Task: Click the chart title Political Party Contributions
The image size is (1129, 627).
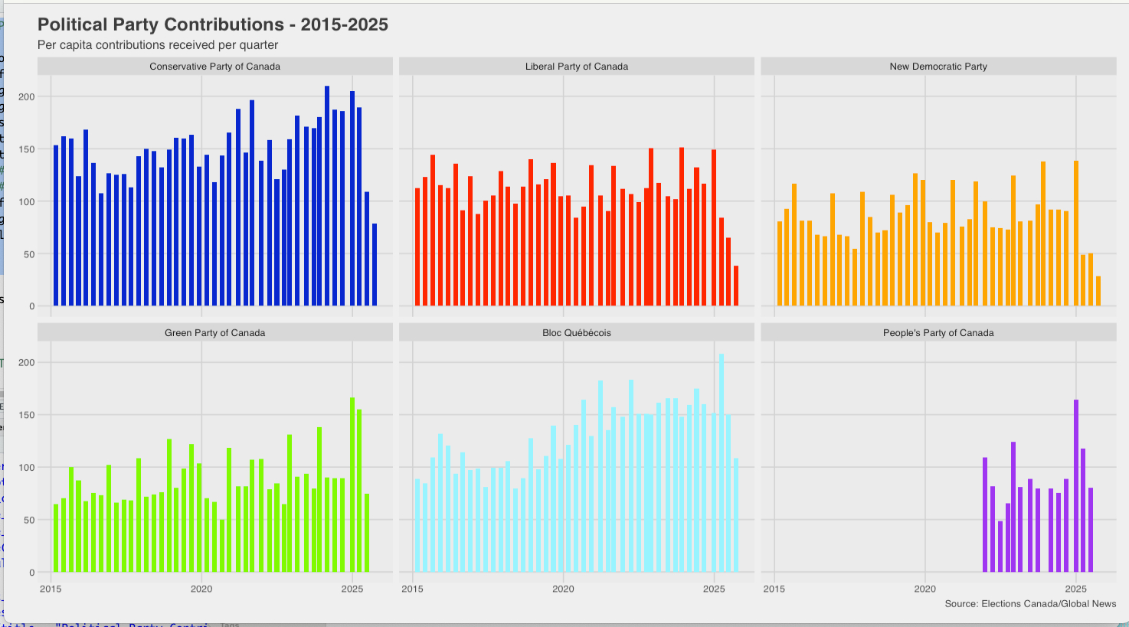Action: click(212, 24)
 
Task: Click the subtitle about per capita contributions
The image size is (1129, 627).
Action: click(158, 45)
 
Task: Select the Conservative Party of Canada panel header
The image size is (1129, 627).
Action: click(214, 67)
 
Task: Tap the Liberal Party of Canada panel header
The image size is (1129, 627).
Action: click(576, 67)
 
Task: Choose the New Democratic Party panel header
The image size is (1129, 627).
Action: click(938, 67)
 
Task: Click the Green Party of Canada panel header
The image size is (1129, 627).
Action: click(214, 333)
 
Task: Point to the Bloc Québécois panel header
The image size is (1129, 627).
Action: click(576, 333)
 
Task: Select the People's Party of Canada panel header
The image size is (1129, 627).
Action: click(938, 333)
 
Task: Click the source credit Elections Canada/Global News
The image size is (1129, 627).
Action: click(1029, 604)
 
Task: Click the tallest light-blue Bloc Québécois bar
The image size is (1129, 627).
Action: click(721, 463)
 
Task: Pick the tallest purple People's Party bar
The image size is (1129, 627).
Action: click(1076, 486)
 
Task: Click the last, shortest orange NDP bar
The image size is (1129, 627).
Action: click(1098, 292)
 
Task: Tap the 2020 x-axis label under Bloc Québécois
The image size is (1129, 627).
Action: click(563, 589)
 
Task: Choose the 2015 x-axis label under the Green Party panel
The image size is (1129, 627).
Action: click(51, 589)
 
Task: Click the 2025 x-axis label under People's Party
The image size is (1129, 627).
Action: click(1075, 589)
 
